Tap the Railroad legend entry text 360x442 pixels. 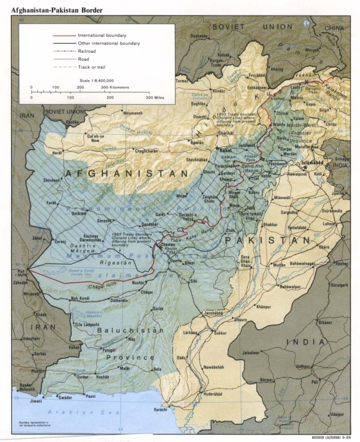pyautogui.click(x=87, y=51)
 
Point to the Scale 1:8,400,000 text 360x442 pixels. pyautogui.click(x=97, y=80)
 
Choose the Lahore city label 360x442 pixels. pyautogui.click(x=328, y=224)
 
